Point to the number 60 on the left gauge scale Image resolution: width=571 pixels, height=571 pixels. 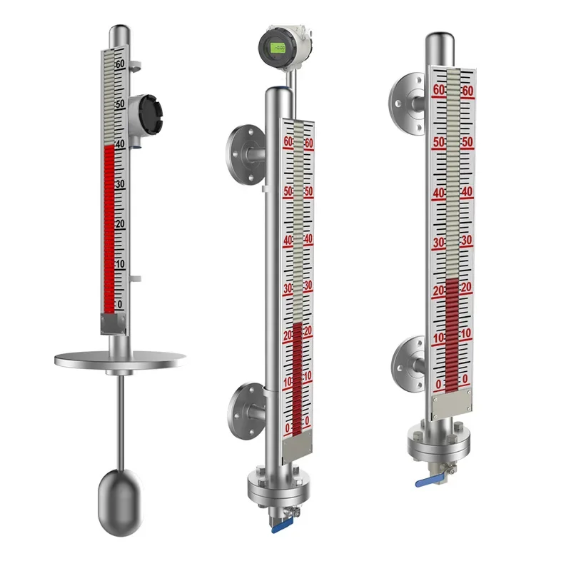point(120,64)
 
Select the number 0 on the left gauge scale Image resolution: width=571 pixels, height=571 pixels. point(119,305)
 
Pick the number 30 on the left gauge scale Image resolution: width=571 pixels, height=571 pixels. point(120,184)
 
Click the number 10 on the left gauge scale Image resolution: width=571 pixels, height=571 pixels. point(120,264)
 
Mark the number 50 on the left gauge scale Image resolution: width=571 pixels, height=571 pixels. point(120,103)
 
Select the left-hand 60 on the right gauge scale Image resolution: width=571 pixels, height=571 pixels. point(439,91)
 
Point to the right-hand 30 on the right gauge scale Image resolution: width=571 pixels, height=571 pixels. point(466,241)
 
